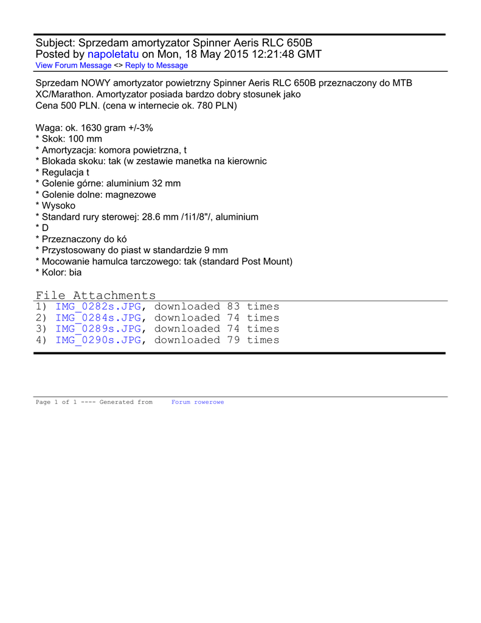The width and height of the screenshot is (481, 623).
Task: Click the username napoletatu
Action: click(x=113, y=54)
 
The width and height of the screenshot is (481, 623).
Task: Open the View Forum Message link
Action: click(x=74, y=65)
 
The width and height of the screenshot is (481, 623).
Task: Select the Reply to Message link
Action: click(x=156, y=65)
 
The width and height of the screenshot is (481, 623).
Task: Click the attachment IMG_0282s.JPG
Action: click(x=99, y=307)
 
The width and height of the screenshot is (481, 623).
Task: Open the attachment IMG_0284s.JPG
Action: click(x=99, y=318)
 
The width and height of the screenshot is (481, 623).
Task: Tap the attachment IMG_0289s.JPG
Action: click(x=99, y=329)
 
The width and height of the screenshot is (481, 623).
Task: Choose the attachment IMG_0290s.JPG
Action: click(x=99, y=340)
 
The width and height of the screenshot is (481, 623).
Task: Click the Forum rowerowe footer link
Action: click(x=198, y=402)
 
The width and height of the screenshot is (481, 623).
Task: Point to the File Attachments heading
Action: click(x=95, y=296)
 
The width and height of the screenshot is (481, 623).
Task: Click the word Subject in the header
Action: click(x=55, y=43)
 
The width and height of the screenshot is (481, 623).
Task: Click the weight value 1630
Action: click(x=92, y=128)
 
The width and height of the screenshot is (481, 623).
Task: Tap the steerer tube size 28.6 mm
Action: click(x=167, y=217)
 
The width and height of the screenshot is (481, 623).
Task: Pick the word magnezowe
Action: click(x=131, y=195)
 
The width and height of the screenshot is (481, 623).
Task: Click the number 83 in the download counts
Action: click(x=234, y=307)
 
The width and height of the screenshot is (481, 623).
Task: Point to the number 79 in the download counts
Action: click(x=234, y=340)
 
